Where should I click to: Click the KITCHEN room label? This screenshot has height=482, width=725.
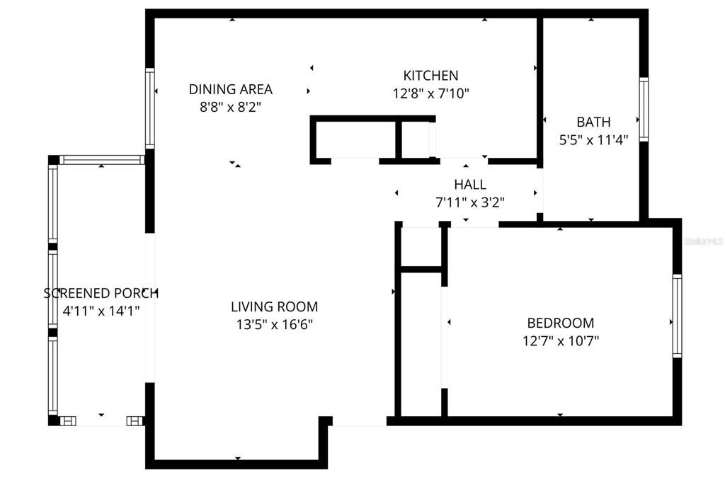[x=430, y=75]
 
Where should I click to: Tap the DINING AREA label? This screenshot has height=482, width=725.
[x=230, y=89]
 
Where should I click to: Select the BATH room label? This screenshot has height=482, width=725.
[x=593, y=122]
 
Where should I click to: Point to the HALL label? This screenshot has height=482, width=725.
[x=470, y=184]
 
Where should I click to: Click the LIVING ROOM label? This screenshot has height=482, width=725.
[x=274, y=306]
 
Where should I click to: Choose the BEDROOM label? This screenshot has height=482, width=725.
[x=559, y=323]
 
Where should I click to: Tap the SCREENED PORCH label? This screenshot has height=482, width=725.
[x=101, y=293]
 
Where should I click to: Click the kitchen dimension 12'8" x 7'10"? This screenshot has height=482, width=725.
[x=431, y=93]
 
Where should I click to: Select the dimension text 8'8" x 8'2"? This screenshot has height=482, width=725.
[x=230, y=107]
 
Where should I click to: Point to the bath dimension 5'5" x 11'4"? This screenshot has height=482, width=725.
[x=593, y=140]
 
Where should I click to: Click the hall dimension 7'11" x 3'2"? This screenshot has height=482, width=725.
[x=470, y=202]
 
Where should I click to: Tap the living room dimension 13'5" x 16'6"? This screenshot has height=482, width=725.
[x=274, y=325]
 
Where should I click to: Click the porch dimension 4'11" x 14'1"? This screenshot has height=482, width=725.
[x=101, y=311]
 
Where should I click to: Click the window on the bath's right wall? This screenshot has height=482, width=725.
[x=644, y=109]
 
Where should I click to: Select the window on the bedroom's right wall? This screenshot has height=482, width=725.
[x=677, y=316]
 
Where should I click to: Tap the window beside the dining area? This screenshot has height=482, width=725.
[x=150, y=108]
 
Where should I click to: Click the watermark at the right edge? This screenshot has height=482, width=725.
[x=704, y=241]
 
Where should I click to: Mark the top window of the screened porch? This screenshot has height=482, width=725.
[x=102, y=160]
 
